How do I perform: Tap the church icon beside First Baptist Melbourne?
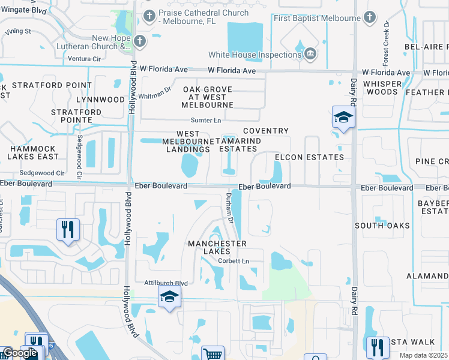370,17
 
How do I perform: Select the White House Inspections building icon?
310,54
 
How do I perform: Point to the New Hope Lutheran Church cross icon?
140,41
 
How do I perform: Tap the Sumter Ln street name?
206,120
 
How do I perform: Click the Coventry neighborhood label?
265,131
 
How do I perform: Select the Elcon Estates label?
309,157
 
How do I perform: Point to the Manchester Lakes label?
217,248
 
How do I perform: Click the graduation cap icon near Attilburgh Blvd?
170,296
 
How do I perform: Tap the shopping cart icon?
213,353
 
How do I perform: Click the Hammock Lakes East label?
33,152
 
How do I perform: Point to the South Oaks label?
382,226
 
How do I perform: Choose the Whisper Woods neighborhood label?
381,88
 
